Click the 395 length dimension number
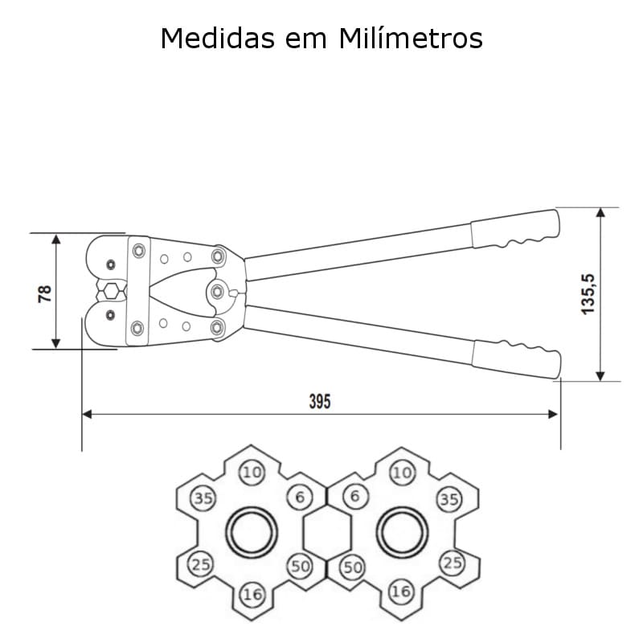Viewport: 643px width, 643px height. click(x=320, y=403)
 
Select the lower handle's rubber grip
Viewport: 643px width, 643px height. click(x=515, y=358)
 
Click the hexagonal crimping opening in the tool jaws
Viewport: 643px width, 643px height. click(x=111, y=290)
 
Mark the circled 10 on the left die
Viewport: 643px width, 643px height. click(x=252, y=472)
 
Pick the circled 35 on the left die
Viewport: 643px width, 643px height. click(x=203, y=499)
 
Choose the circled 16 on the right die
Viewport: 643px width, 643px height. click(x=400, y=592)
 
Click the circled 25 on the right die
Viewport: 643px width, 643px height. click(x=453, y=563)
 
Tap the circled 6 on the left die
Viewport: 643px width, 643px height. click(x=300, y=498)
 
